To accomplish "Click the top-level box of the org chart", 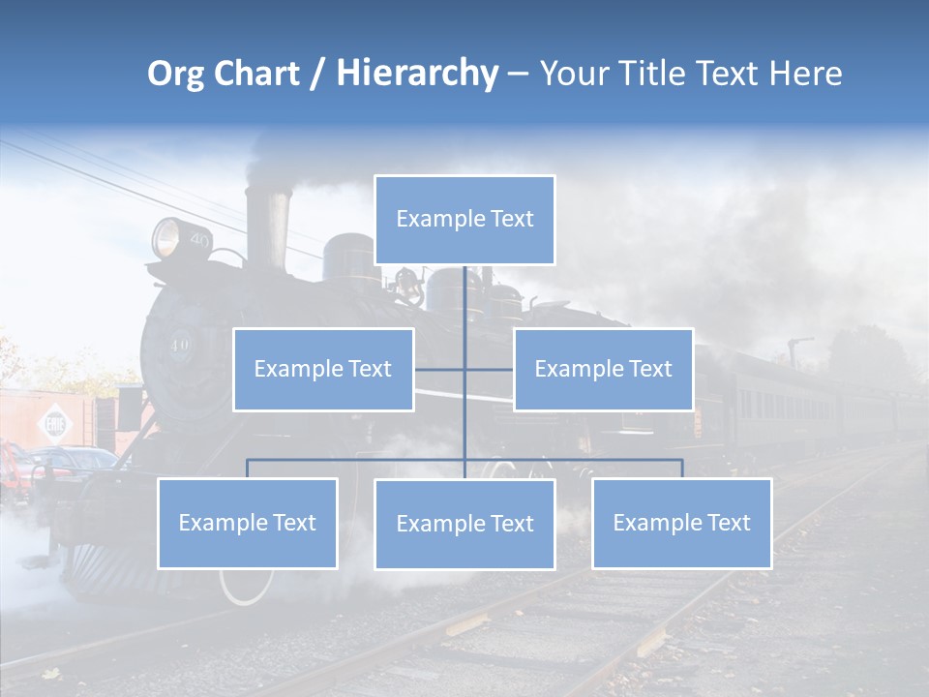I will [464, 220].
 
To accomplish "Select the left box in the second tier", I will [323, 369].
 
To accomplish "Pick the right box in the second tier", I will [603, 369].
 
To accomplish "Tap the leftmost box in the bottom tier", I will [248, 523].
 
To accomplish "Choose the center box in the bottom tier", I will [464, 524].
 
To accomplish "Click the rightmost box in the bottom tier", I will [681, 523].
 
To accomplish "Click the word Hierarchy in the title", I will [417, 74].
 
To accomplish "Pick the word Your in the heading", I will [573, 74].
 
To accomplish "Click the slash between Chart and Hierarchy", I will [317, 75].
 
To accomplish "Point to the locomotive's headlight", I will [167, 237].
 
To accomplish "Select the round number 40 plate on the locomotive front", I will [180, 345].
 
